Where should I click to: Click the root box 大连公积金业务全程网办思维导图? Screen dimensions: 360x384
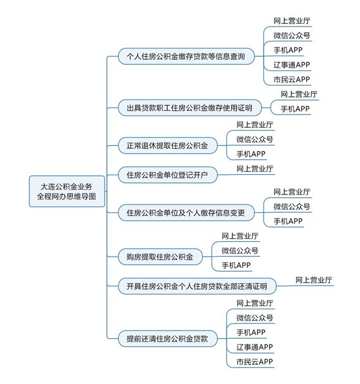click(67, 191)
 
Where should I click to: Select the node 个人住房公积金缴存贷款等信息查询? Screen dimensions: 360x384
click(186, 56)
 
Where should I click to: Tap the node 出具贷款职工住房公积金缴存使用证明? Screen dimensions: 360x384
click(190, 108)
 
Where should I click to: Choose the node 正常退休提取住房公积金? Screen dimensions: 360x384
click(168, 145)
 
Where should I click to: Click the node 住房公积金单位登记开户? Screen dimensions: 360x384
click(168, 175)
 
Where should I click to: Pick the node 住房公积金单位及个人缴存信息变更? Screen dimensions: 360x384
click(186, 213)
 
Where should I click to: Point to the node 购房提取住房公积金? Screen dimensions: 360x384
click(160, 257)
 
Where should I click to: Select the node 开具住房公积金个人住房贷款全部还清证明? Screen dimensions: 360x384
click(197, 286)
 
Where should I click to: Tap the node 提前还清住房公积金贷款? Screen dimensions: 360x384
click(168, 339)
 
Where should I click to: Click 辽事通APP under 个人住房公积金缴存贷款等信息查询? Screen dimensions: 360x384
click(292, 65)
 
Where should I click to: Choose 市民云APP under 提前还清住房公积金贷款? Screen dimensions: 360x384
click(255, 362)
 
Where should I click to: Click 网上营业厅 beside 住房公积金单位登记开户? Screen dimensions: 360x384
click(255, 169)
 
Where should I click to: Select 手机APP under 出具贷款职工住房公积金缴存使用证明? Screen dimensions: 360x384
click(295, 109)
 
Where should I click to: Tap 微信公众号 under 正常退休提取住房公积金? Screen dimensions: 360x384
click(255, 139)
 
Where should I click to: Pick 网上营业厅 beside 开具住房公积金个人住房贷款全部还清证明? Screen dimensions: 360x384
click(314, 280)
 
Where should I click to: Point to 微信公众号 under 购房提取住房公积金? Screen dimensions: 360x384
click(240, 251)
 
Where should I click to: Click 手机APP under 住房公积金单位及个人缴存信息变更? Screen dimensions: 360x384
click(288, 221)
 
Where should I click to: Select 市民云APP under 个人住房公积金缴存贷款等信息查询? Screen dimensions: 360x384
click(292, 79)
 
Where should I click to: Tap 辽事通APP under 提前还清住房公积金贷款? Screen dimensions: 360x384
click(255, 347)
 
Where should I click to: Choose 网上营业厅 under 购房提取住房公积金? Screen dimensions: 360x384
click(240, 236)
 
